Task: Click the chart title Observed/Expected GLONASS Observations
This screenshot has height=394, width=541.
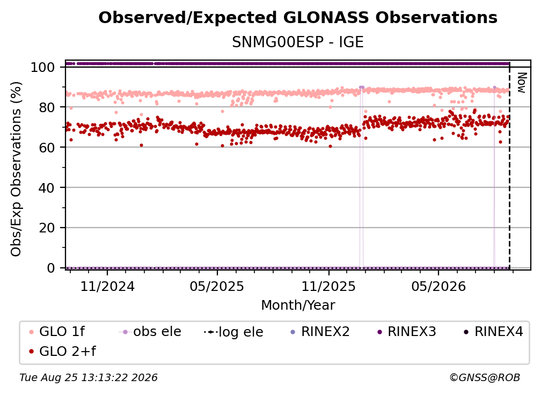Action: point(298,18)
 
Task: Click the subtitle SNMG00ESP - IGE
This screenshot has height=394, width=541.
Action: point(298,42)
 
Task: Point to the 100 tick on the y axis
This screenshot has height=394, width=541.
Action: point(42,67)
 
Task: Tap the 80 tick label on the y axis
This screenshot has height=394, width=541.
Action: point(47,107)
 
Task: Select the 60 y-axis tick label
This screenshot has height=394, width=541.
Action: point(47,147)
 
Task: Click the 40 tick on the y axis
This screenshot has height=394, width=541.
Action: point(47,188)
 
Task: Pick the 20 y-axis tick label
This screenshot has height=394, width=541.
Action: point(47,228)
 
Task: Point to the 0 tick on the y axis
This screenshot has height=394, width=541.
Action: point(50,268)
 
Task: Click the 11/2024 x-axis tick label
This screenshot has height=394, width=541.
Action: point(107,286)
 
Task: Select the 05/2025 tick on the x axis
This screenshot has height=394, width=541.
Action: point(217,286)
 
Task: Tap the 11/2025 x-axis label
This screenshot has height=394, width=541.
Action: point(328,286)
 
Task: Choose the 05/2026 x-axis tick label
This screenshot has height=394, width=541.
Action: point(438,286)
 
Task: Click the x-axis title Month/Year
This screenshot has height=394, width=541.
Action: point(298,305)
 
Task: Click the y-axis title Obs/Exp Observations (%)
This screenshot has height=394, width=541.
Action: point(16,169)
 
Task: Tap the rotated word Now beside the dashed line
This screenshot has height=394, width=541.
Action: point(521,83)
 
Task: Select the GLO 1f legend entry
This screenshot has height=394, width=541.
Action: point(57,332)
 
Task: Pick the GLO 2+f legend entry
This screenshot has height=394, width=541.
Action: point(62,351)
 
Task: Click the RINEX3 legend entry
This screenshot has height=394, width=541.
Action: point(407,332)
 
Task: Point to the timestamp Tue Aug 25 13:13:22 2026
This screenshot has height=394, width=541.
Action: point(89,377)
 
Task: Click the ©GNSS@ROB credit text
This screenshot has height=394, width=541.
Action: point(485,377)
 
